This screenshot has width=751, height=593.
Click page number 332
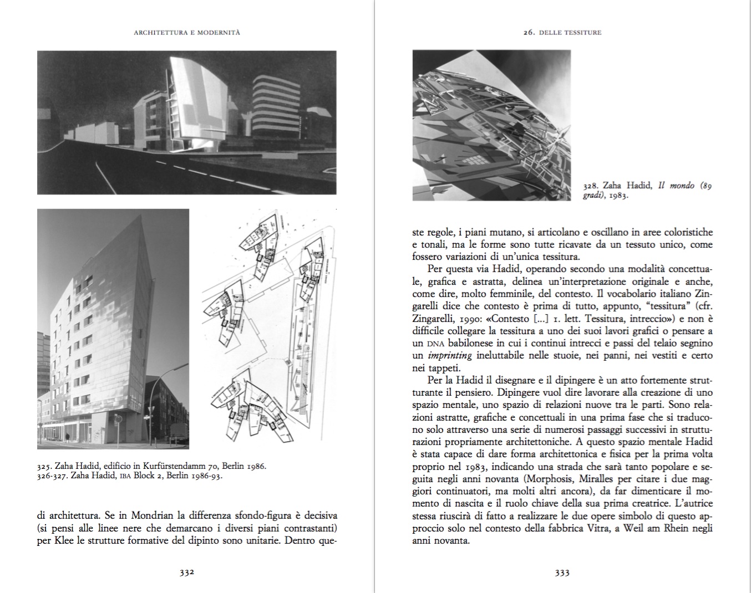(x=186, y=573)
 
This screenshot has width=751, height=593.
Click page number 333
(x=562, y=573)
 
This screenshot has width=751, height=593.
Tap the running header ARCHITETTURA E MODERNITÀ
(x=187, y=33)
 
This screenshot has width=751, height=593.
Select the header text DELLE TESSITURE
(x=570, y=33)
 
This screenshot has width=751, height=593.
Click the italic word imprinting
(x=449, y=356)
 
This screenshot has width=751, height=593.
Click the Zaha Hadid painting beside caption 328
(x=491, y=125)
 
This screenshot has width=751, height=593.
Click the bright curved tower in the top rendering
(x=200, y=103)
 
